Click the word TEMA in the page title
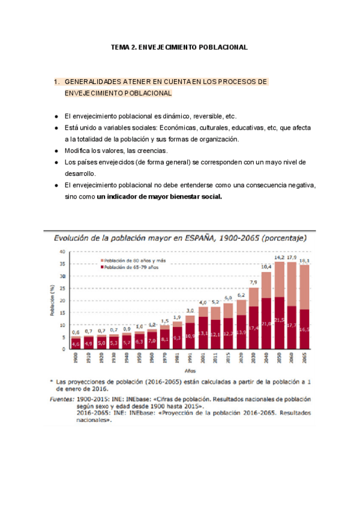(120, 46)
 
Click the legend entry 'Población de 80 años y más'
(134, 260)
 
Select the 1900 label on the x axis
(75, 358)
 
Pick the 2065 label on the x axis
(304, 358)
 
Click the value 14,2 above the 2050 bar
(279, 258)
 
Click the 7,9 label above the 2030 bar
(253, 282)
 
